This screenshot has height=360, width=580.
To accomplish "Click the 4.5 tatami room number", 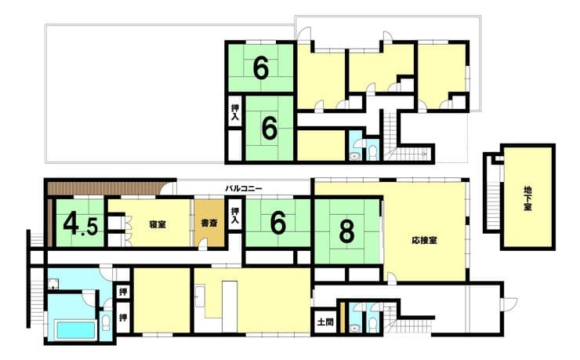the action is point(80,224).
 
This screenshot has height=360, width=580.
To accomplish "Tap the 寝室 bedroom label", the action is point(158,224).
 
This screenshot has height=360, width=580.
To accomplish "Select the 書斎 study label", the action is point(209,223).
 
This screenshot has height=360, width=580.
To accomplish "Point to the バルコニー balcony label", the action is point(244,189).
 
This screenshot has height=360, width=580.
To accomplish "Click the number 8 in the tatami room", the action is point(346,231).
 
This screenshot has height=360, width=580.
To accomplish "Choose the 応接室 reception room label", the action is point(424,240).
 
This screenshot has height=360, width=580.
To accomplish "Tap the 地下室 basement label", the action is point(527,198).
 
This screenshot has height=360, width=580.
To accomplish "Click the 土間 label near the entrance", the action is point(325,322).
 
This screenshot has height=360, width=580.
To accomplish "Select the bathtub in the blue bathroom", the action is point(75,330).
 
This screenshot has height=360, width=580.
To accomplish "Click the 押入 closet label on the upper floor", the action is point(235,112).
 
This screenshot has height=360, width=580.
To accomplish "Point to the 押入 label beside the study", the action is point(235,216).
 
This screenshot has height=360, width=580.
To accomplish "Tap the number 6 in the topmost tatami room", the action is point(261,68).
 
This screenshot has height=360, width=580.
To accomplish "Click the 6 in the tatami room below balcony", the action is point(278,223).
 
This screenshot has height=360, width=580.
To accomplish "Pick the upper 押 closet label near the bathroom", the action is point(123,292).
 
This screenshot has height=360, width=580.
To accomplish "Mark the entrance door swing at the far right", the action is point(509,304).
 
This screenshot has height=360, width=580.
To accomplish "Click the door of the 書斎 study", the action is point(203,245).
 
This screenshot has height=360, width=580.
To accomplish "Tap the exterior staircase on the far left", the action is point(36,296).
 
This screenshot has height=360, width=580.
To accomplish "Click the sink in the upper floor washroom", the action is point(356,156).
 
